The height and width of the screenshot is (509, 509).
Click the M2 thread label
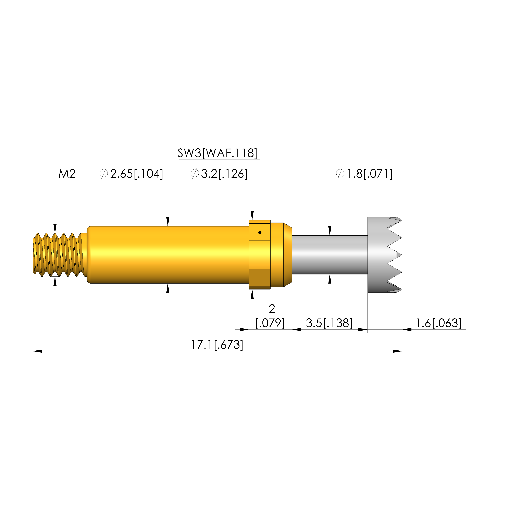coord(67,174)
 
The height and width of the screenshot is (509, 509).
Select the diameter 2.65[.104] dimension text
coord(131,174)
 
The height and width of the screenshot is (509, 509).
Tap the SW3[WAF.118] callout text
coord(217,153)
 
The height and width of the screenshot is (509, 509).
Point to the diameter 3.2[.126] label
coord(219,174)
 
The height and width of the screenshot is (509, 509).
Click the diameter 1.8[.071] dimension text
coord(364,174)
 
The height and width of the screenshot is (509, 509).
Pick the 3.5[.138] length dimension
coord(329,323)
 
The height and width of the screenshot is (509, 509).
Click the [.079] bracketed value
coord(270,323)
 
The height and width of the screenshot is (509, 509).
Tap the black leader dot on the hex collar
coord(260,233)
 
